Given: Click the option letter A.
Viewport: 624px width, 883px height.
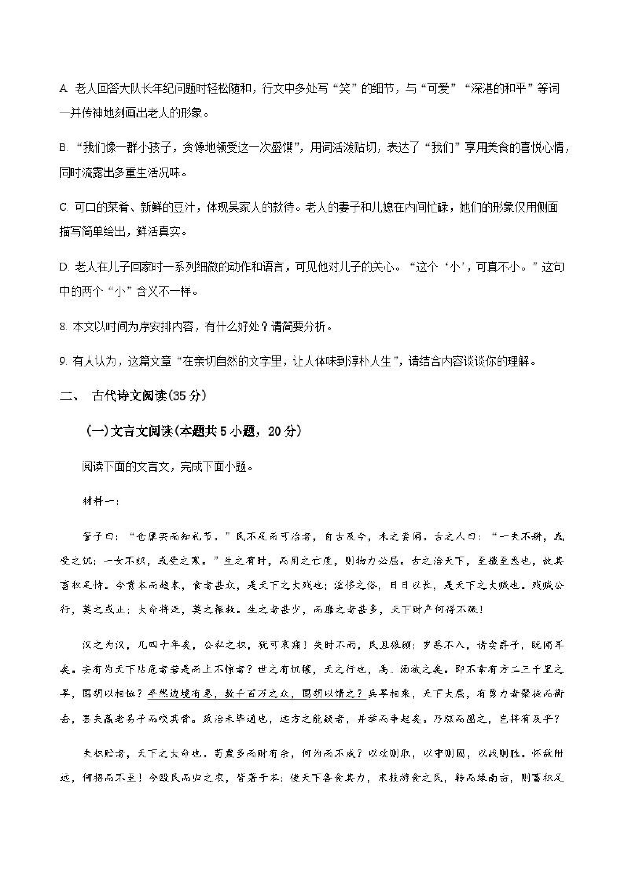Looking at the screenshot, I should pos(63,89).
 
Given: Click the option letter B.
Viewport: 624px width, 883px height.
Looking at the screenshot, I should pos(63,148).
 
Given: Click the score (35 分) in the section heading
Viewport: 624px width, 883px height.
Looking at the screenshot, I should pos(187,396).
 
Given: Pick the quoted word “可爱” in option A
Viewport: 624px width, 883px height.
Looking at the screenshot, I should pos(439,89).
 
